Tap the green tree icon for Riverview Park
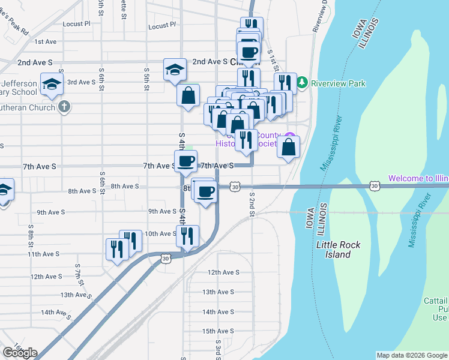pos(303,83)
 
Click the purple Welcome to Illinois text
pos(418,178)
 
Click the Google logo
pos(19,353)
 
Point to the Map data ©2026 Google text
pos(412,355)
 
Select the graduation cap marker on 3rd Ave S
pos(52,84)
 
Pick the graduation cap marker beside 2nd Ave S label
pos(175,69)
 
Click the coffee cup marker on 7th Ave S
pos(185,161)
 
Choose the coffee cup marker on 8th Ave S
pos(205,191)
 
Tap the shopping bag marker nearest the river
pos(289,148)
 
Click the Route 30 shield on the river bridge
pos(374,186)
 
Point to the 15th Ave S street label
pos(217,331)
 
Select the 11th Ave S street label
pos(44,254)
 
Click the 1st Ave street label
pos(45,41)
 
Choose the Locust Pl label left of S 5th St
pos(79,24)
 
